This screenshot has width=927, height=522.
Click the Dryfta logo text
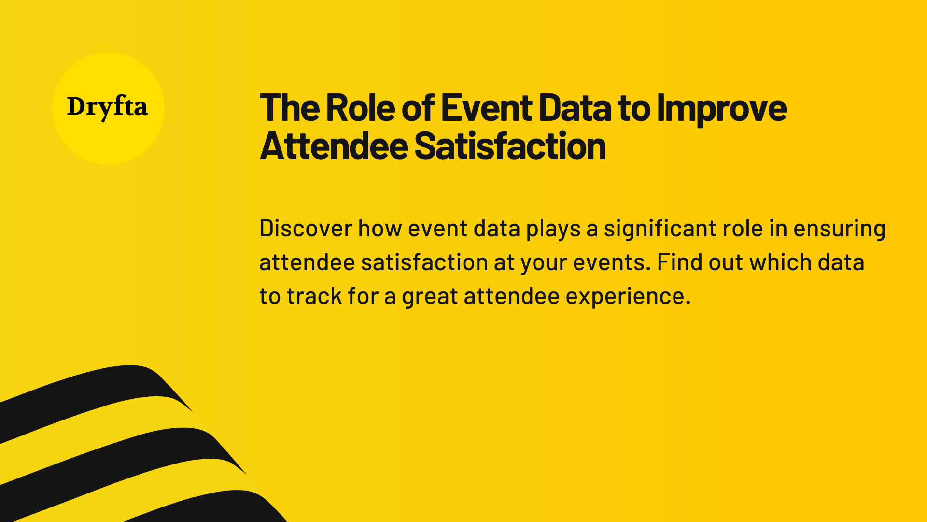(x=107, y=107)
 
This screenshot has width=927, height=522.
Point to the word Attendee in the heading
(x=334, y=146)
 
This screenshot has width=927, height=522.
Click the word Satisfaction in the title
(x=510, y=146)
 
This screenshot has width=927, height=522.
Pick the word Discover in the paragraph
(x=306, y=228)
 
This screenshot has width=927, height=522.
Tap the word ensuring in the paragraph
(x=839, y=229)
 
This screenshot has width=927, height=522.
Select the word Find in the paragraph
(x=679, y=262)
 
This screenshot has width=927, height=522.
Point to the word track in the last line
(x=314, y=296)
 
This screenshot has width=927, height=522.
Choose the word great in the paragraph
(x=429, y=297)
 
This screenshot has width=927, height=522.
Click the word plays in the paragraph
(x=553, y=229)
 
